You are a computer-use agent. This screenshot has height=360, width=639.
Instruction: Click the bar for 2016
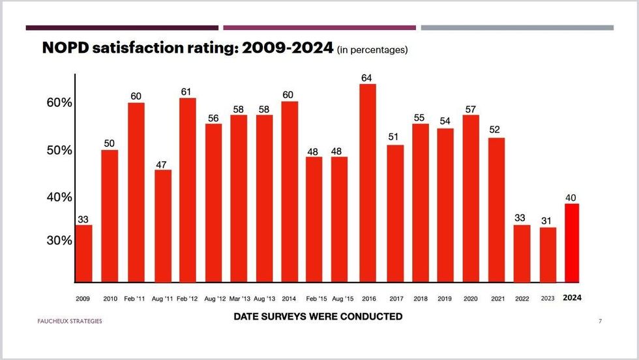pyautogui.click(x=368, y=183)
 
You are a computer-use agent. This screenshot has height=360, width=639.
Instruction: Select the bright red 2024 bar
pyautogui.click(x=572, y=243)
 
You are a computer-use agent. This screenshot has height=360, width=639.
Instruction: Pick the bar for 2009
pyautogui.click(x=83, y=254)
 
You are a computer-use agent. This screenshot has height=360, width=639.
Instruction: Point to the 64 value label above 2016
pyautogui.click(x=368, y=78)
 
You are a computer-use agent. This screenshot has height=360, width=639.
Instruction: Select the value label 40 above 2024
pyautogui.click(x=572, y=198)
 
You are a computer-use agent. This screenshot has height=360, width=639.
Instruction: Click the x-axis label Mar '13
pyautogui.click(x=239, y=298)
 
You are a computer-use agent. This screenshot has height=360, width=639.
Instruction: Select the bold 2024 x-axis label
pyautogui.click(x=572, y=298)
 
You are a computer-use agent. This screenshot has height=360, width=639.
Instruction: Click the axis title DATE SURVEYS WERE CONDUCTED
pyautogui.click(x=318, y=317)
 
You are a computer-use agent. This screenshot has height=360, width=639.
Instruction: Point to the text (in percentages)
pyautogui.click(x=372, y=50)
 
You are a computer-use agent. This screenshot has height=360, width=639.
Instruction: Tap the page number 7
pyautogui.click(x=600, y=322)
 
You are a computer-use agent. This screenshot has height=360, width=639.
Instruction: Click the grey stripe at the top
pyautogui.click(x=517, y=28)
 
